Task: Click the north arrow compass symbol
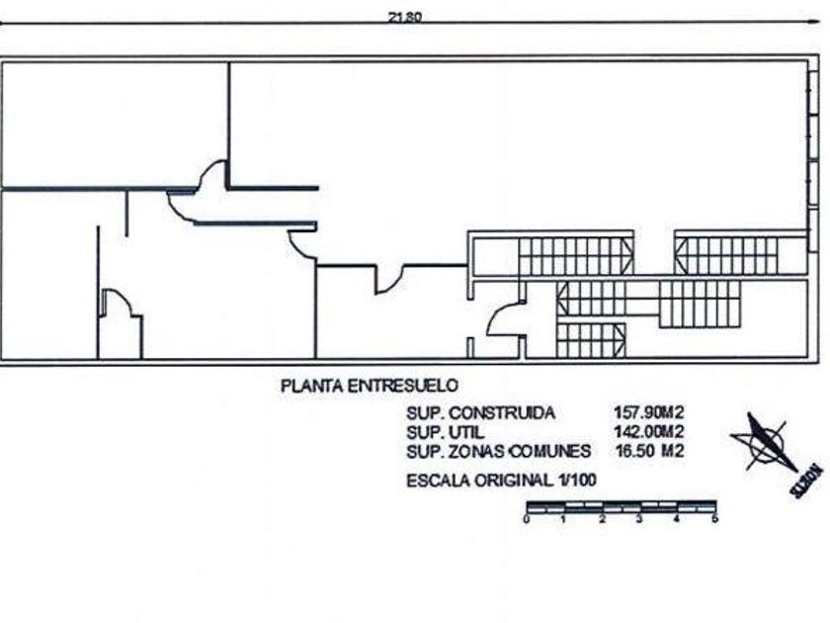tap(764, 443)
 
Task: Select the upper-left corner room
tap(114, 124)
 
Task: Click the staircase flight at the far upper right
tap(727, 255)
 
